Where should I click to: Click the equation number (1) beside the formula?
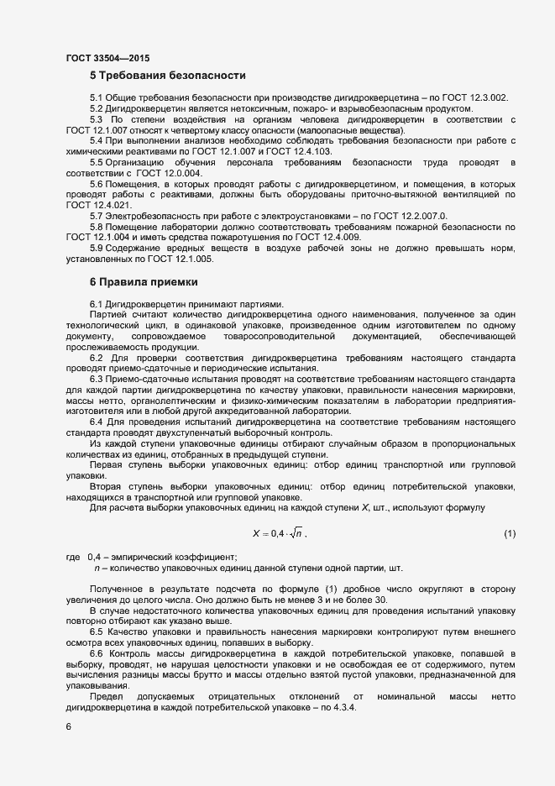tap(509, 534)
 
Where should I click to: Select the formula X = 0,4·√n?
tap(280, 534)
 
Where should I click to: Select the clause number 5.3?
tap(97, 119)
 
